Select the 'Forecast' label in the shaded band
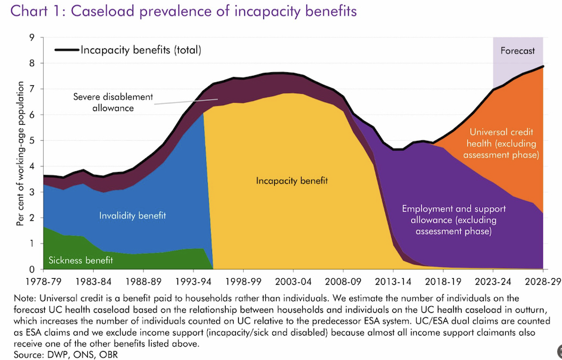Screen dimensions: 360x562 coord(517,51)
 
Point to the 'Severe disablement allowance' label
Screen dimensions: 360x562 coord(113,102)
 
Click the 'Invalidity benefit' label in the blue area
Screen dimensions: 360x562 coord(132,215)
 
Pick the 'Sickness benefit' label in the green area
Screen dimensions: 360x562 coord(81,260)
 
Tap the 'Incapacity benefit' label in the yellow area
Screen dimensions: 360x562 coord(292,180)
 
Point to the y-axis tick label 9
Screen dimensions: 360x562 coord(32,38)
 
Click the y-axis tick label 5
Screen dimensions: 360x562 coord(32,140)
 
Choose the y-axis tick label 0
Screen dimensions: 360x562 coord(32,269)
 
